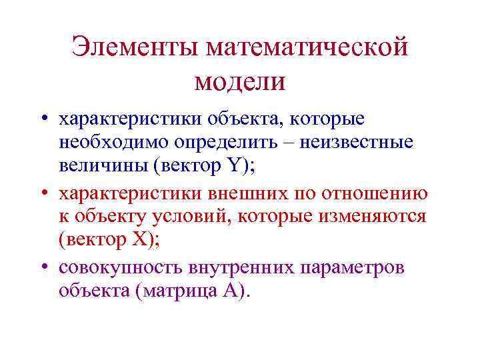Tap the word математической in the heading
pyautogui.click(x=307, y=48)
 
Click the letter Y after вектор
pyautogui.click(x=237, y=167)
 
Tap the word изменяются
pyautogui.click(x=377, y=217)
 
